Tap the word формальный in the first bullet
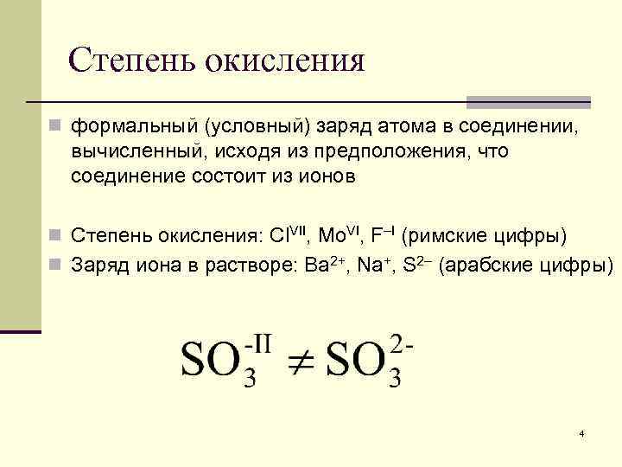click(135, 128)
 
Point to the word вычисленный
click(132, 151)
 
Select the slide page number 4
click(582, 432)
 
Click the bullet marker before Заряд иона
click(55, 265)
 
